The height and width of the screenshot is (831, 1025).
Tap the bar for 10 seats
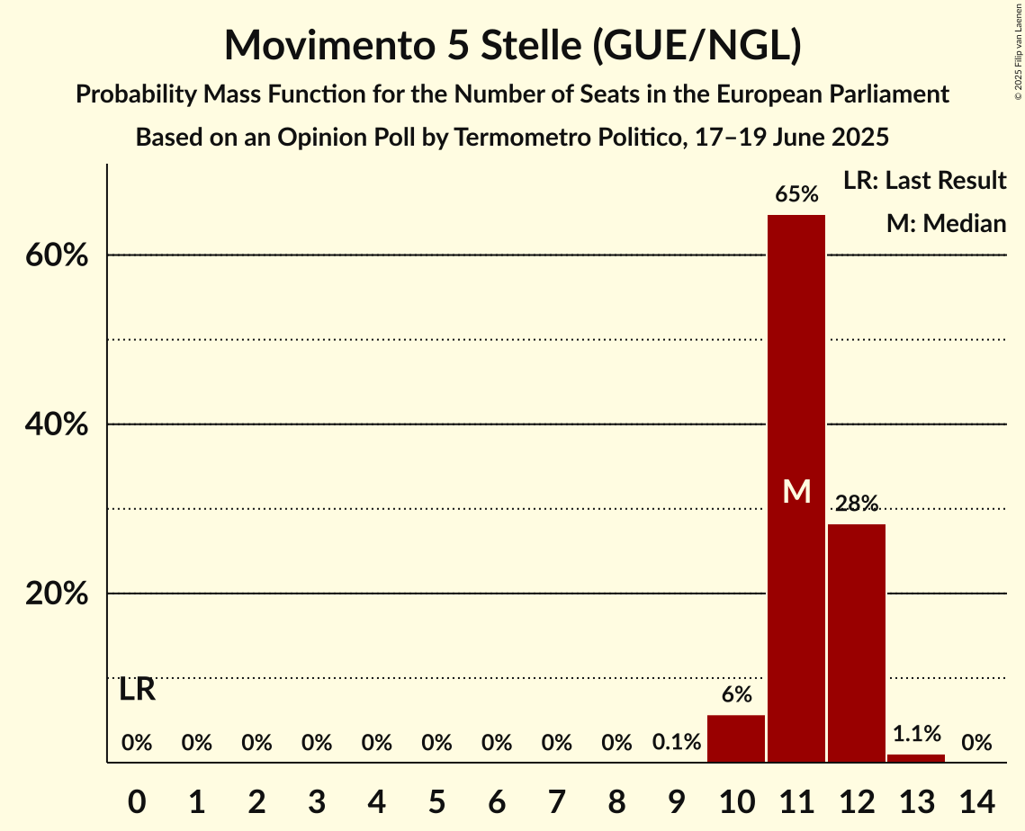pos(736,738)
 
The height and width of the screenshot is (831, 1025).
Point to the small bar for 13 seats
pos(916,758)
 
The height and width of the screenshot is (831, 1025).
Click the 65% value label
pos(796,194)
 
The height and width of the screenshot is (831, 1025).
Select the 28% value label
pos(857,504)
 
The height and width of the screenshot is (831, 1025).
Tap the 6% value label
pos(736,694)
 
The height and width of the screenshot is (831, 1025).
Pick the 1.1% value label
pos(916,734)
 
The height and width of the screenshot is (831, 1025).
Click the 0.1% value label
pos(677,743)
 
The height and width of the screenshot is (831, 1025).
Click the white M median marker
pos(796,491)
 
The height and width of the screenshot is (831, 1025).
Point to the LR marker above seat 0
pos(137,691)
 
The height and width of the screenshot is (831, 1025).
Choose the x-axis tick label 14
pos(976,799)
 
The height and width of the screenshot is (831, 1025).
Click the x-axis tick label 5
pos(436,799)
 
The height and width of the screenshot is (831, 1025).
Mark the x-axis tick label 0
pos(137,799)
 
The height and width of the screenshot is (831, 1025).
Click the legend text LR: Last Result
pos(924,181)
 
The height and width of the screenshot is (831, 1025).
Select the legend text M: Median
pos(946,223)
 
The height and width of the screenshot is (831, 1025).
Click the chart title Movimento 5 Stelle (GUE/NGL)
pos(512,45)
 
